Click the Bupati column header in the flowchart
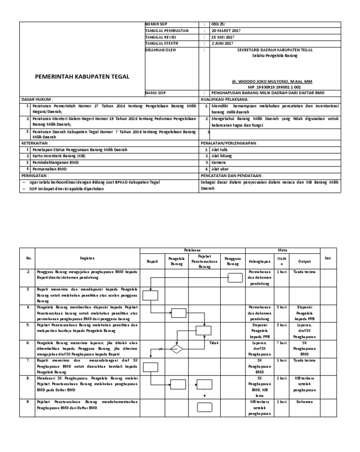(152, 260)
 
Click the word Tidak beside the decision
(214, 343)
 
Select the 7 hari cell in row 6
(282, 343)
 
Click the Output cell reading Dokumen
(307, 401)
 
